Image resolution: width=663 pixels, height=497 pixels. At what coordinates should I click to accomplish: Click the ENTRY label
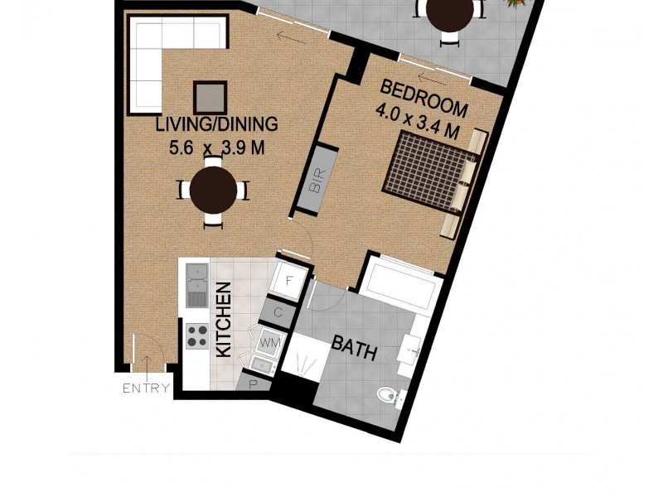tap(146, 388)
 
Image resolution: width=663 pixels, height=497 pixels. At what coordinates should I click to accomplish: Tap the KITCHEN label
tap(223, 320)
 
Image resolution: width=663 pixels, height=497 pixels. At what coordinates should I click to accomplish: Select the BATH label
tap(355, 348)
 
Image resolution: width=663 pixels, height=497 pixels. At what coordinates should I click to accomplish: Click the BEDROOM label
tap(423, 97)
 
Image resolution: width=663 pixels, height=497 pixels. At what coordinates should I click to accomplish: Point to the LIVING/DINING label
tap(217, 125)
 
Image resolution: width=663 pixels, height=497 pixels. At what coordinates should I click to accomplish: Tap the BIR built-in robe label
tap(317, 181)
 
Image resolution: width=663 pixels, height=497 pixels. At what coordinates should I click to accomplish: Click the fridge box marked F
tap(289, 280)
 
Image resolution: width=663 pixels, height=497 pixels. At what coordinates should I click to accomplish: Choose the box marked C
tap(278, 312)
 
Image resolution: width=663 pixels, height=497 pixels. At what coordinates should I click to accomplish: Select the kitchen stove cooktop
tap(197, 335)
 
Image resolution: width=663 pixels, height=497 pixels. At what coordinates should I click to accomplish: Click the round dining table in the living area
tap(213, 191)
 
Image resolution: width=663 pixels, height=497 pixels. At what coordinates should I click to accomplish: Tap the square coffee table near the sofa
tap(211, 98)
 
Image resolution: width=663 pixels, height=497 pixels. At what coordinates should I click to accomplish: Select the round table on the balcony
tap(450, 12)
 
